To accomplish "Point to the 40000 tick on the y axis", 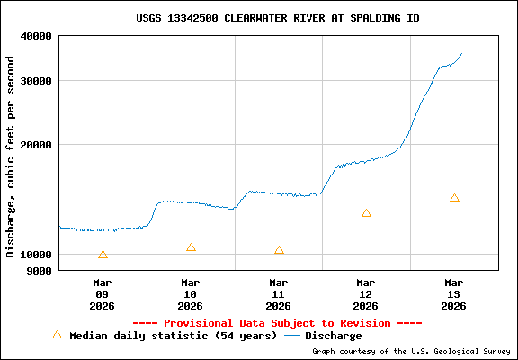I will point(37,36).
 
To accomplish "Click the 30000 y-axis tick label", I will point(37,81).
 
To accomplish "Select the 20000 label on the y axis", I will point(37,144).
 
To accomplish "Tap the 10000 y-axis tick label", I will point(37,255).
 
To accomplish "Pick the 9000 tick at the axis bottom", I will point(40,269).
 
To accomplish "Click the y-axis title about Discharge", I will point(11,157).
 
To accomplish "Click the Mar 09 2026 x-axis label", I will point(103,294).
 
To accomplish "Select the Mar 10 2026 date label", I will point(191,294).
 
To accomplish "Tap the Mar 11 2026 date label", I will point(279,294).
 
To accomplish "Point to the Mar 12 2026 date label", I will point(366,294).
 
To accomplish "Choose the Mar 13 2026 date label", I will point(454,294).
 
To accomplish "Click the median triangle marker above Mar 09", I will point(103,255).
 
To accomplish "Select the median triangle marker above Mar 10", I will point(191,247).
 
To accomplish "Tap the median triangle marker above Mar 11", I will point(279,250).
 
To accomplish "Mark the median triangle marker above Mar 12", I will point(366,213).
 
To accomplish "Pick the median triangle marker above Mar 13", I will point(454,198).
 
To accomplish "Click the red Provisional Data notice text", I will point(277,323).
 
